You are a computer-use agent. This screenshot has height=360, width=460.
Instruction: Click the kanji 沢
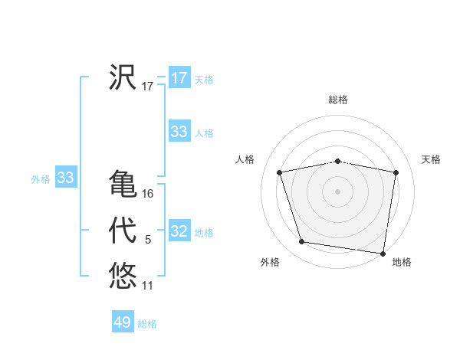pos(123,77)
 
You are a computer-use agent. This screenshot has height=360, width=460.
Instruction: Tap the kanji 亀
pos(123,184)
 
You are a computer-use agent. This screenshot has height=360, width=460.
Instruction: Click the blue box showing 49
pos(123,322)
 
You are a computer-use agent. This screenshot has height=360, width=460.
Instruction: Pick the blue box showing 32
pos(179,231)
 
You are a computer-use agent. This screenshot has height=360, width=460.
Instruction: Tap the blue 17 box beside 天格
pos(179,78)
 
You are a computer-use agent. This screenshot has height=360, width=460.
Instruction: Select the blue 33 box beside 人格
pos(179,132)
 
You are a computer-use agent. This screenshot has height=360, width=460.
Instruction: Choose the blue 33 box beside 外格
pos(66,178)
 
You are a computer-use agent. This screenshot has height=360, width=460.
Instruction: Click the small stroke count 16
pos(148,194)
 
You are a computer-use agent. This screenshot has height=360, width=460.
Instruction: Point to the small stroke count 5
pos(148,241)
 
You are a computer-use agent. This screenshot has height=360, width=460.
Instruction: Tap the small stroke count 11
pos(148,286)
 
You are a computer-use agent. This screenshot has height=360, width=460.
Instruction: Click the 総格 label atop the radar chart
pos(338,100)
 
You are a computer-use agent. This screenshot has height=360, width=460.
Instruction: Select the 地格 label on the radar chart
pos(402,262)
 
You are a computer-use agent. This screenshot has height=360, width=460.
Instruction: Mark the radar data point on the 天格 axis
pos(396,172)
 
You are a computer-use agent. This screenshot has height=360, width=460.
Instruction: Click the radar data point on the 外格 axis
pos(302,242)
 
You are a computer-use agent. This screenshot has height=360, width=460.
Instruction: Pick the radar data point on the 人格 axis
pos(280,172)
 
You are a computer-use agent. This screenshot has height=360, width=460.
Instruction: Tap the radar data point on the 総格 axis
pos(338,161)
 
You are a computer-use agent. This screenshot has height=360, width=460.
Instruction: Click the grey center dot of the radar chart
pos(338,191)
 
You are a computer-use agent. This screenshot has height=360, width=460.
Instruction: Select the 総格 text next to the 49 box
pos(147,324)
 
